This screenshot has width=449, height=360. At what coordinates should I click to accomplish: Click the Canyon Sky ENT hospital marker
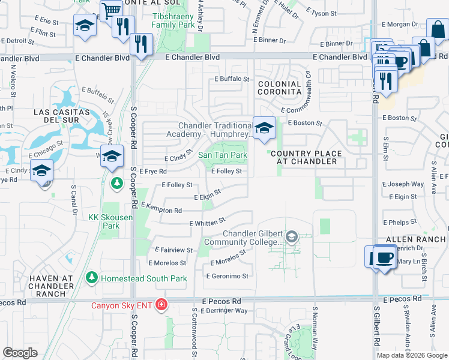point(160,305)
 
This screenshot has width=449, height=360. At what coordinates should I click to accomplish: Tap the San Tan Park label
point(223,155)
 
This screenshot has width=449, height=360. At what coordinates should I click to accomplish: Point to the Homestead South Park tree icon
point(91,278)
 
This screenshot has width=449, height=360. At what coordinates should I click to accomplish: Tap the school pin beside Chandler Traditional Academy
point(264,128)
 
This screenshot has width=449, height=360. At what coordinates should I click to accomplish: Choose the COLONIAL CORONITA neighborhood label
point(279,88)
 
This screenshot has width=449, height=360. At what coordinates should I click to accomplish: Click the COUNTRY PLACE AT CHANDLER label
point(307,157)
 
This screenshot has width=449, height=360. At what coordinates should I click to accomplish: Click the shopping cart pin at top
point(111,11)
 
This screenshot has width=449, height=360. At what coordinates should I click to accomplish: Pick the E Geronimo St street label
point(228,277)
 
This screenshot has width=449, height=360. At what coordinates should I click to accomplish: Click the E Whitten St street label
point(207,223)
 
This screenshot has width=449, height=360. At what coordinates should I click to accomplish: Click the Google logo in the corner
point(20,353)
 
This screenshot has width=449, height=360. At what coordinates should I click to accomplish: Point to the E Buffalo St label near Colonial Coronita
point(232,79)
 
